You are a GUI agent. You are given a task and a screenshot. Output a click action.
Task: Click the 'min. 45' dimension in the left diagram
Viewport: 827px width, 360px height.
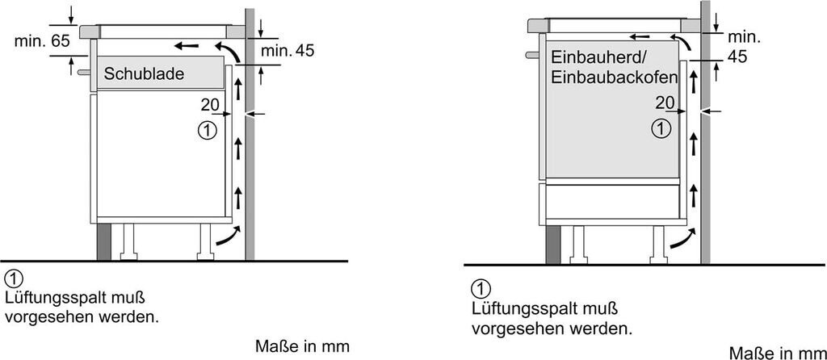pyautogui.click(x=288, y=51)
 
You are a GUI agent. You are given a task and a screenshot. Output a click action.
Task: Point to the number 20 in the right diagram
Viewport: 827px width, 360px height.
pyautogui.click(x=665, y=103)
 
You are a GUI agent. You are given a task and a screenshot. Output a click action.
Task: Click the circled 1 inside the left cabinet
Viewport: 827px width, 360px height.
pyautogui.click(x=207, y=129)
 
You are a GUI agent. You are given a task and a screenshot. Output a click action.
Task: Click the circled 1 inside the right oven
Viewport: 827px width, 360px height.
pyautogui.click(x=661, y=127)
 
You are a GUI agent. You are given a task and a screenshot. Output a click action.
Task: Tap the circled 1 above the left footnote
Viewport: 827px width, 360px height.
pyautogui.click(x=13, y=279)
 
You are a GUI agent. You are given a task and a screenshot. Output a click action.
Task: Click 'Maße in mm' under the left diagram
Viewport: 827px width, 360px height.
pyautogui.click(x=302, y=346)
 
